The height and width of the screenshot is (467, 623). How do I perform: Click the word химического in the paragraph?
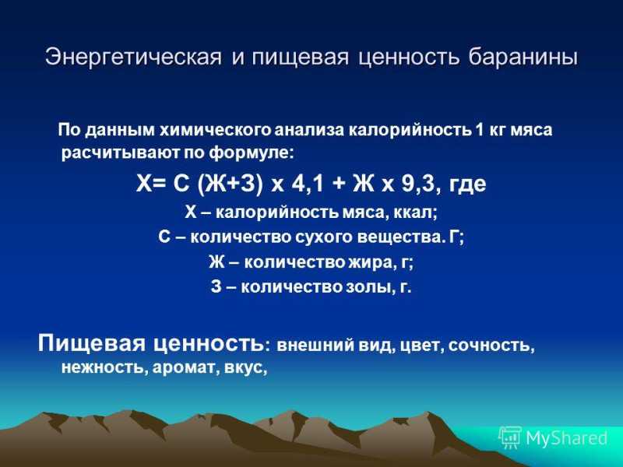coord(216,130)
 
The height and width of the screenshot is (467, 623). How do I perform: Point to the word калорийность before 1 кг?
coord(410,130)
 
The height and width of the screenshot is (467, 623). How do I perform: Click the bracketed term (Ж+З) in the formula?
coord(230,184)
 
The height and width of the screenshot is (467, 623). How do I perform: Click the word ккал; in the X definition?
coord(415,213)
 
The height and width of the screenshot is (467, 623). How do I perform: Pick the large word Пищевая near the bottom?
coord(92,343)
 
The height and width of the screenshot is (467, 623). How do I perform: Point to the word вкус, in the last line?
coord(246,367)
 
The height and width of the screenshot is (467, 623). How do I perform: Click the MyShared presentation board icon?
coord(510,437)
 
